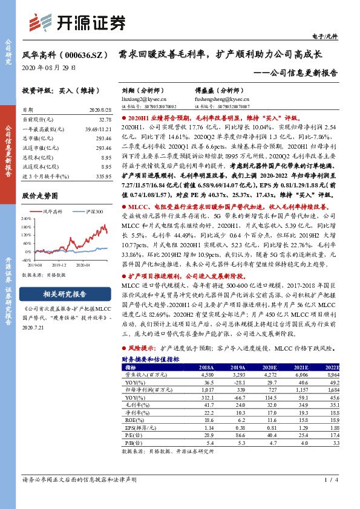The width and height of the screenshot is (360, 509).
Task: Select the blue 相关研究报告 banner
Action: [x=64, y=294]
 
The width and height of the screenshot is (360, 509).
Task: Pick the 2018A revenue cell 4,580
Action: [x=205, y=374]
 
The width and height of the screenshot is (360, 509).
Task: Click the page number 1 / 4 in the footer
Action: [x=330, y=498]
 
